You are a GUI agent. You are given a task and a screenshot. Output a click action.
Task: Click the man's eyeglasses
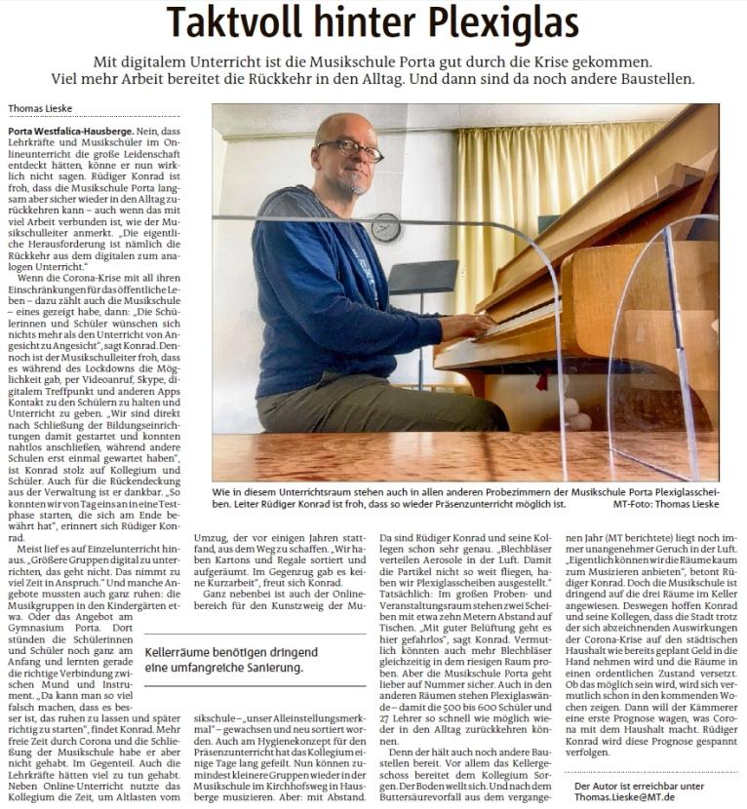[349, 148]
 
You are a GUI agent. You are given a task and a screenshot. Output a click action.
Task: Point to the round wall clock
[386, 226]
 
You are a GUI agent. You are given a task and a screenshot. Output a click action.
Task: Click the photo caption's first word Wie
[222, 492]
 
